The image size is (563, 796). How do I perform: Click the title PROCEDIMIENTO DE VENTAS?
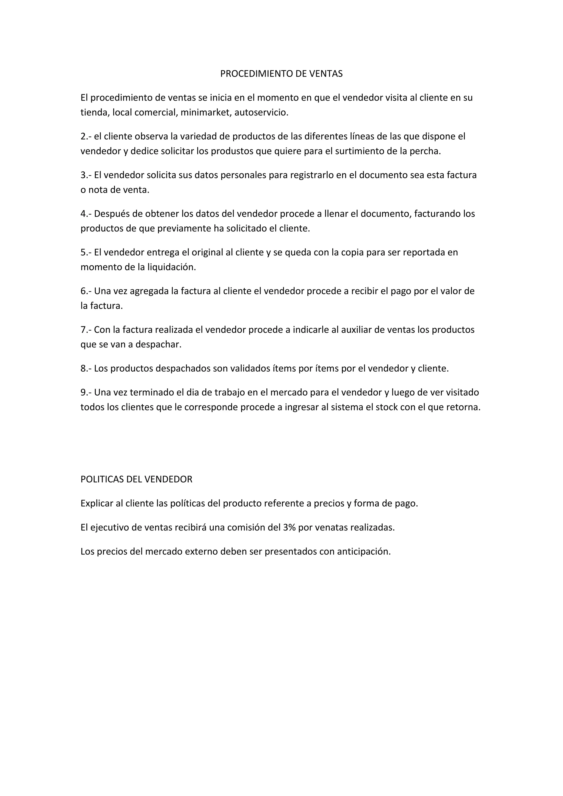(x=281, y=74)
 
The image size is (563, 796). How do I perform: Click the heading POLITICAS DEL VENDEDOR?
(x=136, y=479)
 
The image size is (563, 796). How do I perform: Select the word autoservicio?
(x=261, y=113)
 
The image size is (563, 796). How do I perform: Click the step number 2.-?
(x=86, y=136)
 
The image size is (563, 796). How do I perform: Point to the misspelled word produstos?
(x=233, y=151)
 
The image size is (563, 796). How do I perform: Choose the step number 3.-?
(x=86, y=175)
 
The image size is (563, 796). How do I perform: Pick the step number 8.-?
(x=86, y=368)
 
